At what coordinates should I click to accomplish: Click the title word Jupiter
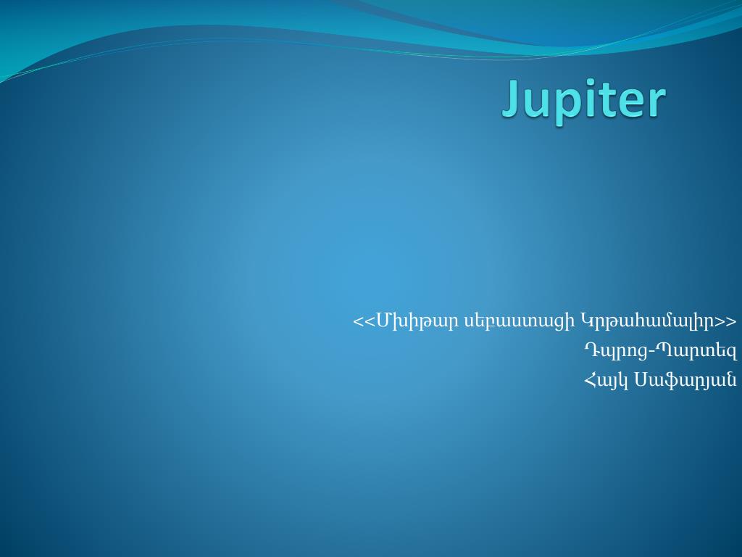tap(583, 99)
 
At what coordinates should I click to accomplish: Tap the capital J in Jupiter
tap(513, 99)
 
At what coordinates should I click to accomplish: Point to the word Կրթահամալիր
tap(648, 321)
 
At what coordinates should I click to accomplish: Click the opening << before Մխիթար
tap(364, 321)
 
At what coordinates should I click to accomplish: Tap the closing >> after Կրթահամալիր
tap(726, 321)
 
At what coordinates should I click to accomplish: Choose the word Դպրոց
tap(615, 351)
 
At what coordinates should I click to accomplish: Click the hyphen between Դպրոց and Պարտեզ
tap(651, 352)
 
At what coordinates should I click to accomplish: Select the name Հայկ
tap(606, 379)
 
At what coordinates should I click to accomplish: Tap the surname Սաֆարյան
tap(685, 379)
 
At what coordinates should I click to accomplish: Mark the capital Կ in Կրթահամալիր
tap(587, 321)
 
